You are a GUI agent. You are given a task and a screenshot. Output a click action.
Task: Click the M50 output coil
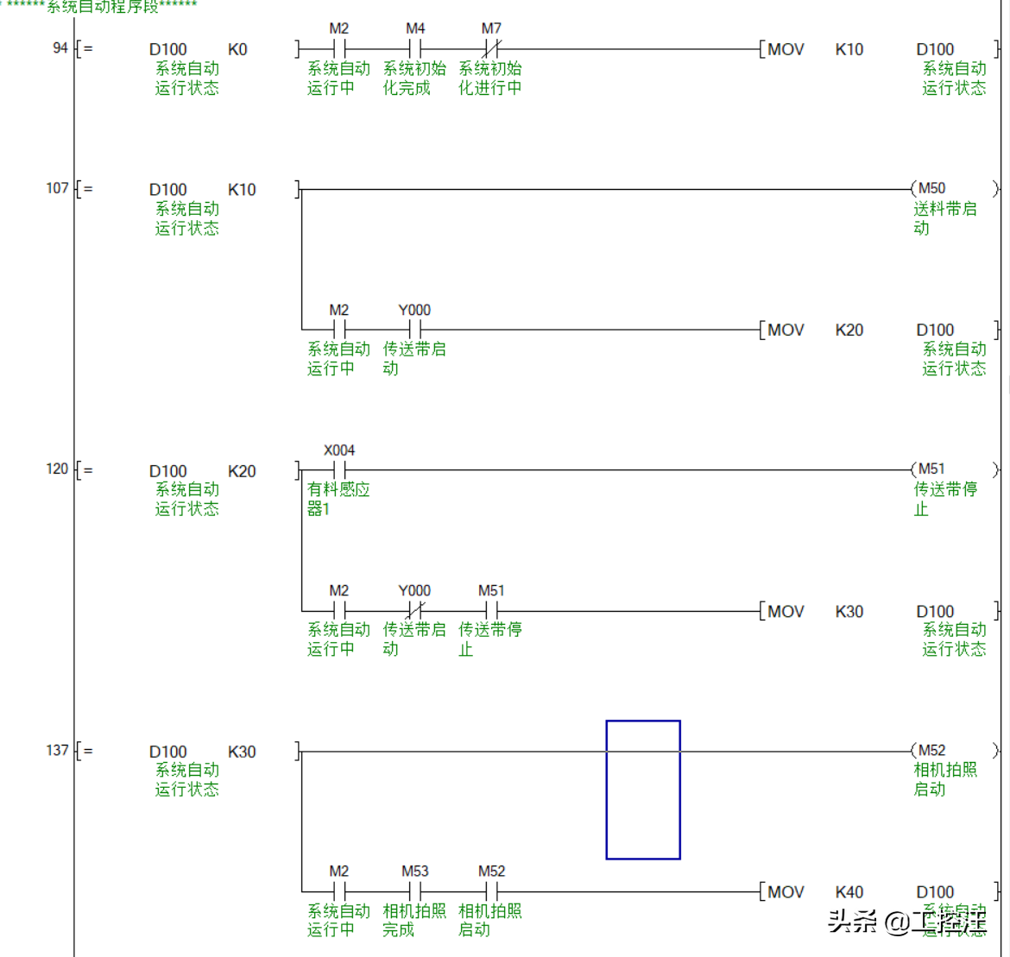[931, 188]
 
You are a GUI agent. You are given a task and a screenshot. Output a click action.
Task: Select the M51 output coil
[931, 469]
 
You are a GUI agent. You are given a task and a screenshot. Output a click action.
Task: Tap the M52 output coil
[931, 751]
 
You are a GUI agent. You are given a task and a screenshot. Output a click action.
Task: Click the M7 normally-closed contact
[491, 49]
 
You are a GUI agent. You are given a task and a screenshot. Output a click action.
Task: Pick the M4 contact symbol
[415, 49]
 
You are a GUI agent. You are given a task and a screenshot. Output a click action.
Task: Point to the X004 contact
[339, 470]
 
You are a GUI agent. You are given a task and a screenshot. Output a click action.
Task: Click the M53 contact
[415, 891]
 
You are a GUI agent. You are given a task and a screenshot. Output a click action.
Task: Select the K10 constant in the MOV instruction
[849, 49]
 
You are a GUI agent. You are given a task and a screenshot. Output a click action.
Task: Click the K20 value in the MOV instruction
[849, 330]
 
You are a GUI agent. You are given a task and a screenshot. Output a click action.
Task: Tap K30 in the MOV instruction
[849, 611]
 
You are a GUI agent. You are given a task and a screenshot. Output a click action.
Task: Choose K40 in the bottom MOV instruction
[849, 891]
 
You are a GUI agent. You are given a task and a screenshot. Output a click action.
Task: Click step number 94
[60, 47]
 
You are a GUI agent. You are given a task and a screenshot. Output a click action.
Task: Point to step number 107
[57, 188]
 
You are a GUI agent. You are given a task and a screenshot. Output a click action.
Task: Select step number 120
[57, 469]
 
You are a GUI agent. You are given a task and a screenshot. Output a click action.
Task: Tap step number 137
[57, 750]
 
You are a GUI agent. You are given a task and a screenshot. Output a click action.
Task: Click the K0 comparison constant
[237, 49]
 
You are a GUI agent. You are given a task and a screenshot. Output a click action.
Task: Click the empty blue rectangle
[643, 790]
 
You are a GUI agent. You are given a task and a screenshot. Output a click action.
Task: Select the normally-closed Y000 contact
[415, 611]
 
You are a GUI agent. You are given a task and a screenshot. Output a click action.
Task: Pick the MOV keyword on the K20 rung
[786, 330]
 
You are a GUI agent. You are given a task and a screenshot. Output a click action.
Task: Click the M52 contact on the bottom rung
[491, 891]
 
